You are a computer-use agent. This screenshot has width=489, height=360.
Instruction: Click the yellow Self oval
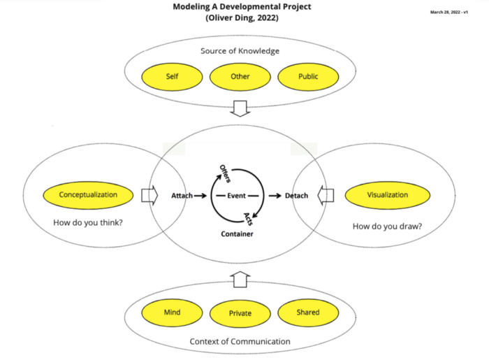click(171, 77)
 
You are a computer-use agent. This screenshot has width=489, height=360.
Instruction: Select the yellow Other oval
click(240, 77)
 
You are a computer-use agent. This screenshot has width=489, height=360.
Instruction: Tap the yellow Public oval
click(308, 77)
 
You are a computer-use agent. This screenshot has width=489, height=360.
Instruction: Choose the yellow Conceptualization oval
click(88, 195)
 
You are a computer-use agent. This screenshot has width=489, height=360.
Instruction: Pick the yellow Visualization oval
click(387, 195)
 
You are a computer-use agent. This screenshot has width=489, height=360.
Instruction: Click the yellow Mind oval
click(172, 312)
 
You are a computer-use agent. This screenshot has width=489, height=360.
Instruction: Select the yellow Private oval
click(240, 313)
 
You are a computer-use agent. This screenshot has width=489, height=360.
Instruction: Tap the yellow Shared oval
click(308, 312)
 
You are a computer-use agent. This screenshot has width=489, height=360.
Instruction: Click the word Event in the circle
click(235, 195)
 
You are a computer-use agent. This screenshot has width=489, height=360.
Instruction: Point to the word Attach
click(182, 196)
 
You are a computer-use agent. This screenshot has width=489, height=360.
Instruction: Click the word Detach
click(297, 196)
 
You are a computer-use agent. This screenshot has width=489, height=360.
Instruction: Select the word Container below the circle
click(237, 234)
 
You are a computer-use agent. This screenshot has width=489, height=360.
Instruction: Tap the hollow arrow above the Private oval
click(240, 280)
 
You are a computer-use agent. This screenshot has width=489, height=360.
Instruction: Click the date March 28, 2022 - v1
click(458, 13)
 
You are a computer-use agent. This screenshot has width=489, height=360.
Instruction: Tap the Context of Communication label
click(240, 341)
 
